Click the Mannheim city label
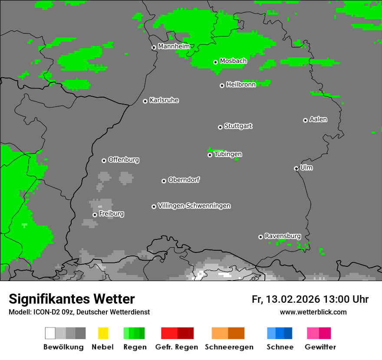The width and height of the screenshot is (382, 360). coord(174,46)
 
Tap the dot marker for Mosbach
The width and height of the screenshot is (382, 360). coord(215,62)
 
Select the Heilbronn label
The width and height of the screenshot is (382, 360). coord(241,84)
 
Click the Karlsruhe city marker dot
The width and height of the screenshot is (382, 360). coord(145,101)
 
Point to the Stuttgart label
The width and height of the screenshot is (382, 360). coord(238,126)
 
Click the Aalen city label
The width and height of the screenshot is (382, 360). coord(318,119)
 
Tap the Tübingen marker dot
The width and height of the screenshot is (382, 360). coord(210,155)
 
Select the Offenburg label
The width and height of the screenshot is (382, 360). coord(123,159)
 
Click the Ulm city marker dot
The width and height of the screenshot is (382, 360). coord(296,168)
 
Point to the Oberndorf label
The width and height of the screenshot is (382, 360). coord(184,180)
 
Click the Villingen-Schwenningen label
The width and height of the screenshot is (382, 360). coord(194,206)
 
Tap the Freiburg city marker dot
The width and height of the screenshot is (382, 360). coord(95,215)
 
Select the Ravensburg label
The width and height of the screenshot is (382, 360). coord(283,236)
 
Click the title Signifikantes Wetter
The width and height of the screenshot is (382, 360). coord(72,299)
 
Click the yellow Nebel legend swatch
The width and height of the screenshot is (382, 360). coord(103,333)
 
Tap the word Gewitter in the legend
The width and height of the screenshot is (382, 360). coord(320,347)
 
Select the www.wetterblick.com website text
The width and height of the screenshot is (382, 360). coord(313,312)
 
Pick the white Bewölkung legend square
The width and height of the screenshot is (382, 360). coord(50,333)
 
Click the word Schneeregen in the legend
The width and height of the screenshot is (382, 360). coord(229,347)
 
